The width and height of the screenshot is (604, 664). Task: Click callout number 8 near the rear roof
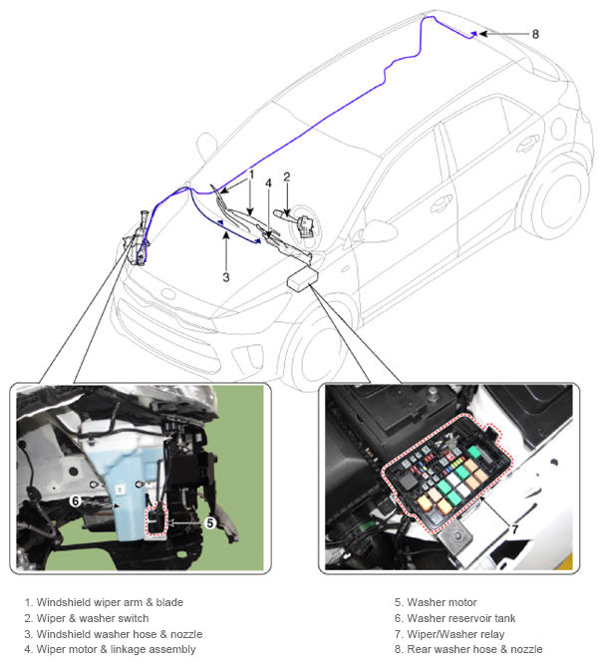pyautogui.click(x=535, y=34)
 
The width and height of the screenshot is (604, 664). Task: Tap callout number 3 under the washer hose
pyautogui.click(x=226, y=277)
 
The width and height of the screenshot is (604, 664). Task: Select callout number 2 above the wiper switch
pyautogui.click(x=286, y=177)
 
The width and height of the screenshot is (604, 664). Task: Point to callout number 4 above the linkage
pyautogui.click(x=268, y=182)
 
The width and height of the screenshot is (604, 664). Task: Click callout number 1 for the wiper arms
pyautogui.click(x=251, y=174)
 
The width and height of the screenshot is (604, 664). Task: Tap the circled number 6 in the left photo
pyautogui.click(x=76, y=500)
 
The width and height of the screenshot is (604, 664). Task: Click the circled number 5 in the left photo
pyautogui.click(x=210, y=523)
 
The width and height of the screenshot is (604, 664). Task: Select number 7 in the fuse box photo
pyautogui.click(x=514, y=529)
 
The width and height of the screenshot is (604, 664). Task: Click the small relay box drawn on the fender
pyautogui.click(x=302, y=278)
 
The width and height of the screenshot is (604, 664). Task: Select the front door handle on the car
pyautogui.click(x=442, y=204)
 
